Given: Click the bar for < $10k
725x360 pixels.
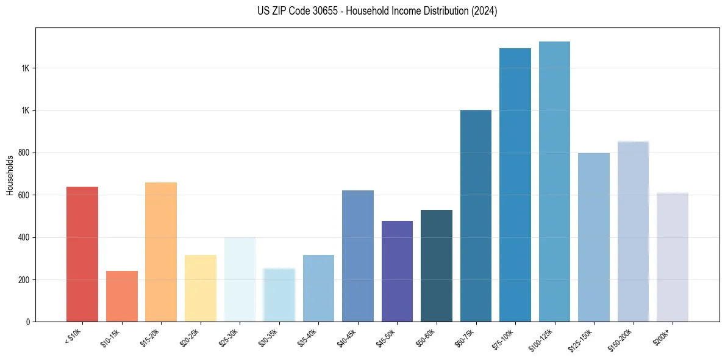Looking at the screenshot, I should pyautogui.click(x=82, y=254).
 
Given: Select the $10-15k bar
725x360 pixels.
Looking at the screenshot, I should pyautogui.click(x=121, y=296).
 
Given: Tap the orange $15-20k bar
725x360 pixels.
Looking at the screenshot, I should pyautogui.click(x=161, y=251).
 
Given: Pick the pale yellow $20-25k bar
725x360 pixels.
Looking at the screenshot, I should pyautogui.click(x=200, y=288).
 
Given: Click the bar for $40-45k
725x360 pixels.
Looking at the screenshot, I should pyautogui.click(x=357, y=256).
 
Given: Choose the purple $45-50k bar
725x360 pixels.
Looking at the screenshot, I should pyautogui.click(x=397, y=271).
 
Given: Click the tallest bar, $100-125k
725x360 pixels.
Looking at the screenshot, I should pyautogui.click(x=554, y=181).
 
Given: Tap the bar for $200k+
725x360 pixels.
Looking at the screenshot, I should pyautogui.click(x=672, y=257).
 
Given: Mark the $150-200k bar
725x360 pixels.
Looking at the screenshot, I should pyautogui.click(x=633, y=231).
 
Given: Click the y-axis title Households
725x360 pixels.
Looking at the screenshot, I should pyautogui.click(x=10, y=175).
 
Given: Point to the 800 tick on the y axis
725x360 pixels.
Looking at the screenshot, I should pyautogui.click(x=24, y=153).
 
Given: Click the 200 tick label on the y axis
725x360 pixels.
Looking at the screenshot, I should pyautogui.click(x=24, y=279).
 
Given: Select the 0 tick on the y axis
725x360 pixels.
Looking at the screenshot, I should pyautogui.click(x=28, y=322).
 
